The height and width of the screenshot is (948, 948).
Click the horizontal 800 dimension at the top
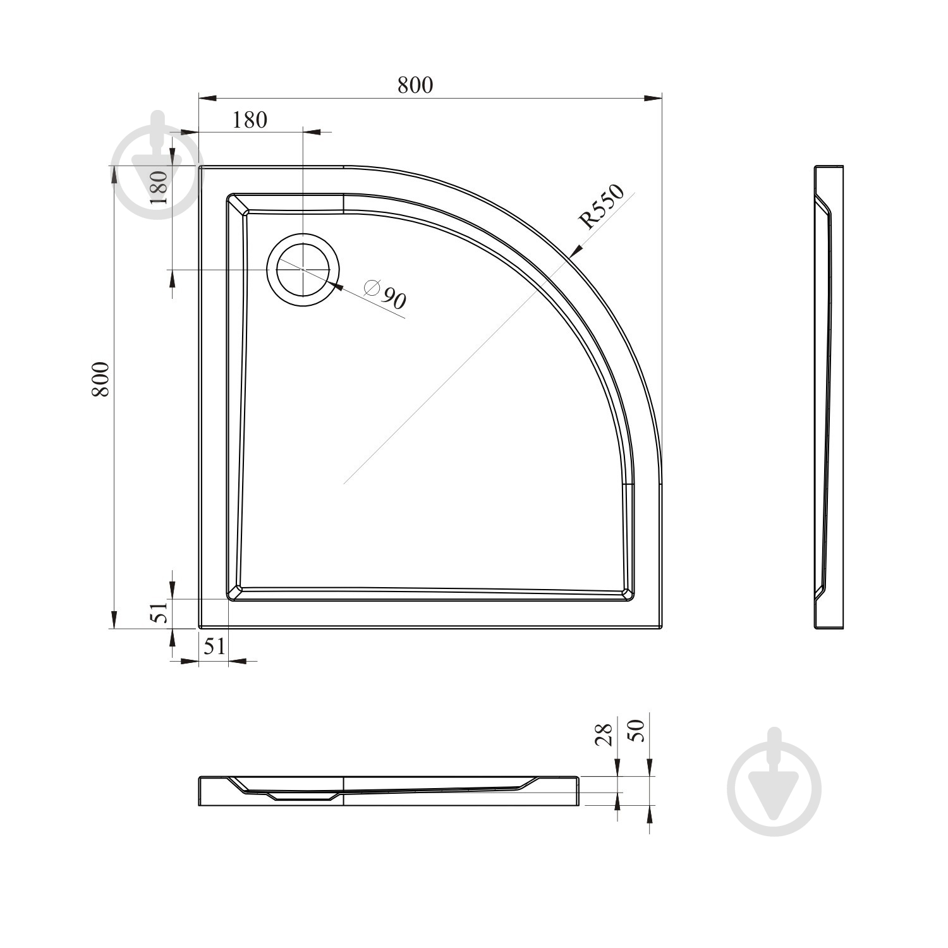click(x=415, y=85)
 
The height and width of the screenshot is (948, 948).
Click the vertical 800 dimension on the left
click(x=101, y=379)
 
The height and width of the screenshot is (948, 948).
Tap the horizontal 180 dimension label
click(x=250, y=119)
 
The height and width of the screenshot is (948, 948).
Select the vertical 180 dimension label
click(x=158, y=186)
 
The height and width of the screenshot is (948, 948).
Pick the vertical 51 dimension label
click(x=160, y=611)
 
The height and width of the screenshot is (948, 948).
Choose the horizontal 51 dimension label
click(x=213, y=646)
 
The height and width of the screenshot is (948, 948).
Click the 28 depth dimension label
click(x=605, y=734)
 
